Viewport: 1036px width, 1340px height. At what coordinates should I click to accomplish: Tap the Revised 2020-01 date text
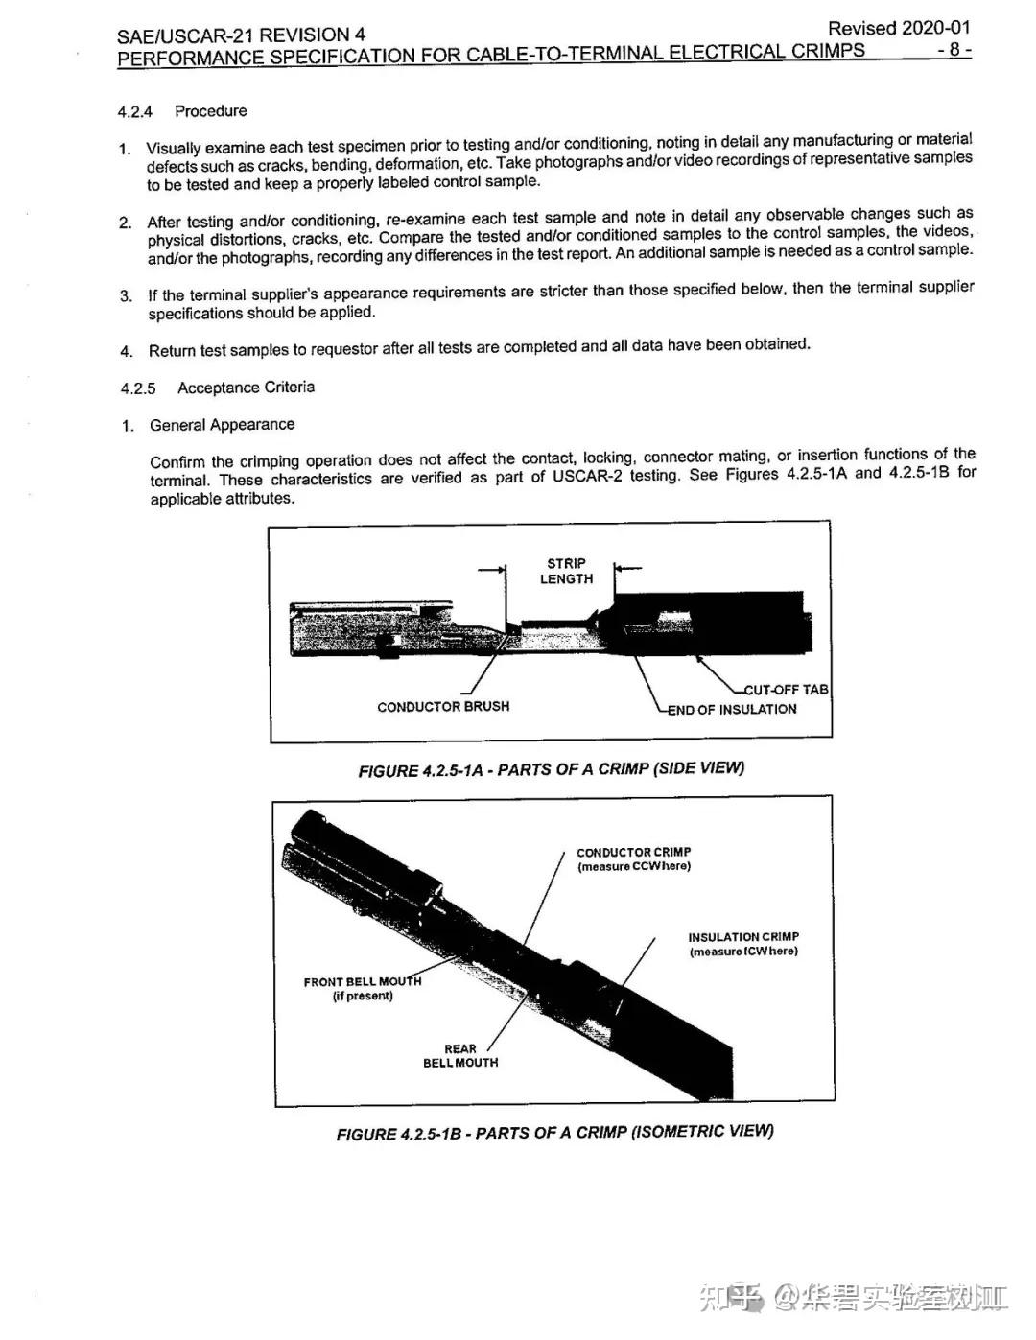click(898, 28)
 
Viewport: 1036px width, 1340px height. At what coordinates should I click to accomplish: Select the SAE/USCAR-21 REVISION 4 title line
click(241, 35)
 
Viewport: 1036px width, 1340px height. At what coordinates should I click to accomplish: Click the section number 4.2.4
click(134, 112)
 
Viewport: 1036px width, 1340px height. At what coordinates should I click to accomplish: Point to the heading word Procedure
click(210, 111)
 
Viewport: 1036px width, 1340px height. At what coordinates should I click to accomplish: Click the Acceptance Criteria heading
click(246, 388)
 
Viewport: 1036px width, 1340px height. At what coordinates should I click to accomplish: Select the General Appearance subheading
click(222, 425)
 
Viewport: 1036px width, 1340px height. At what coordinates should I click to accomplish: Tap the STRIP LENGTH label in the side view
click(566, 572)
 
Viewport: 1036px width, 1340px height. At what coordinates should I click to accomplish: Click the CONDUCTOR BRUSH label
click(443, 707)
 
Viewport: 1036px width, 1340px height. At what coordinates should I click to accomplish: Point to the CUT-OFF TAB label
click(787, 689)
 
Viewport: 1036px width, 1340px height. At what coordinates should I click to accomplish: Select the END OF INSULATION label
click(733, 710)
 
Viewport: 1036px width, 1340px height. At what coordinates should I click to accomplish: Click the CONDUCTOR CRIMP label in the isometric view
click(633, 858)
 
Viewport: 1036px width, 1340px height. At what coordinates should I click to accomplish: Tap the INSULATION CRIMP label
click(742, 944)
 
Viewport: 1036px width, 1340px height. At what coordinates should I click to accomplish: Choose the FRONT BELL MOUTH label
click(362, 988)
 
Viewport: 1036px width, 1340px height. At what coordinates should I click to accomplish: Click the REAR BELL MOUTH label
click(460, 1056)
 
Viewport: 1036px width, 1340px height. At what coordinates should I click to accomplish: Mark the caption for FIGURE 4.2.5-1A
click(551, 769)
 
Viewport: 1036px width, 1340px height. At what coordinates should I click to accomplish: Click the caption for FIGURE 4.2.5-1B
click(554, 1133)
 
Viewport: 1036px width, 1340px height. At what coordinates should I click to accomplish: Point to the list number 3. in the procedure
click(127, 295)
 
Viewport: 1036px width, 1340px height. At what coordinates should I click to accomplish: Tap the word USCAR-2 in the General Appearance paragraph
click(587, 477)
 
